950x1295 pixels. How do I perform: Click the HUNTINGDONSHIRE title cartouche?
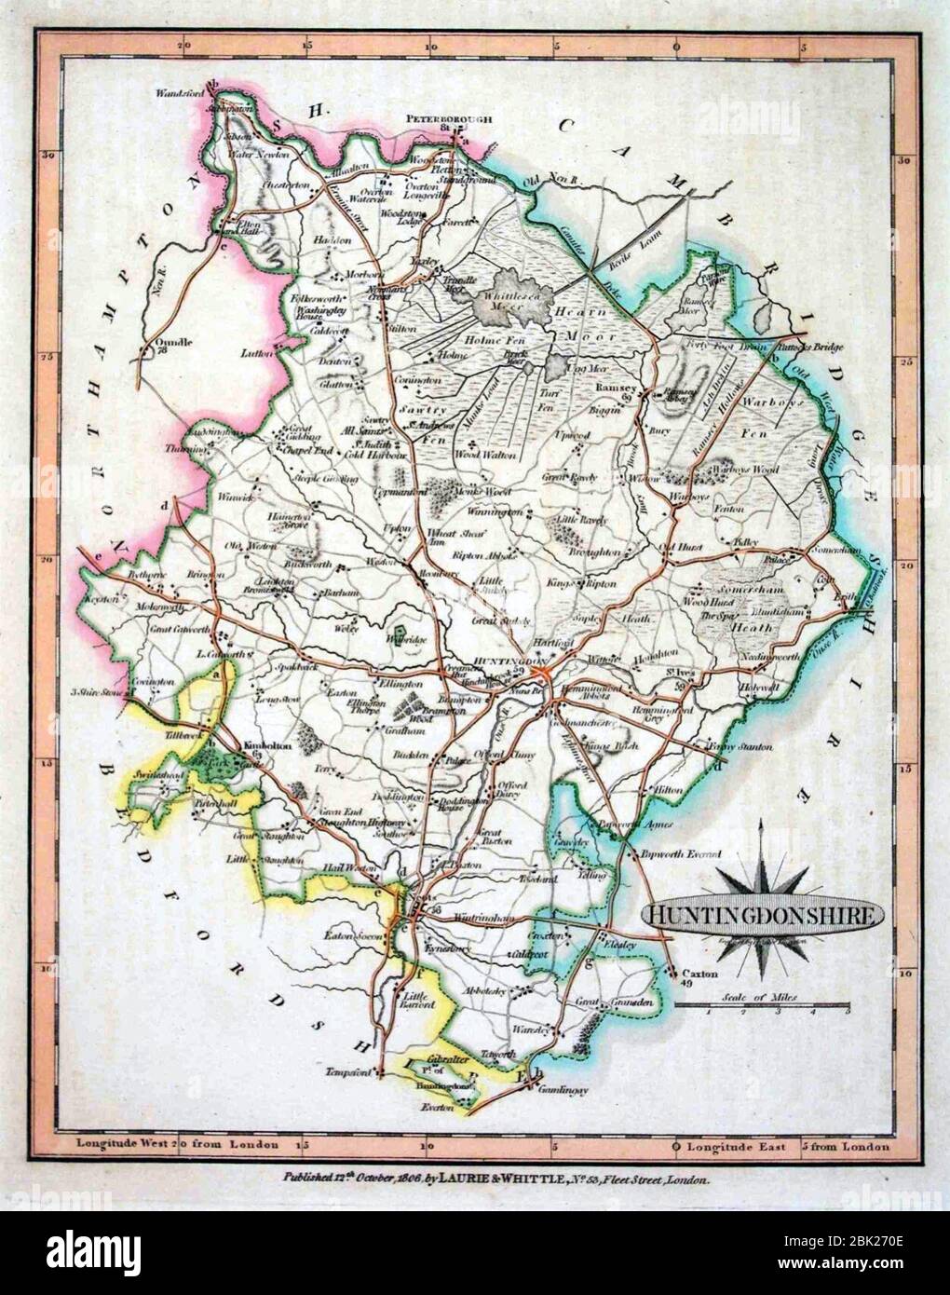click(x=762, y=915)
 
